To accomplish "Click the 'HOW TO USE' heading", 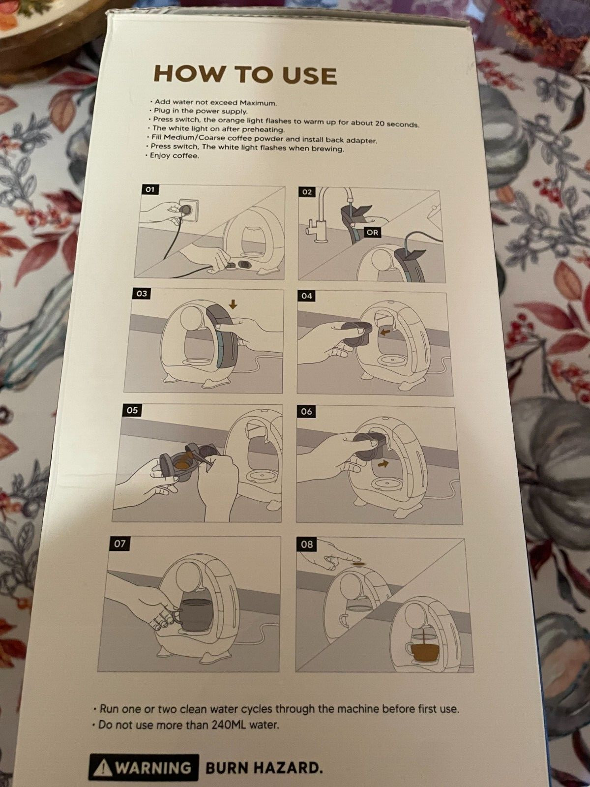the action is click(x=245, y=75).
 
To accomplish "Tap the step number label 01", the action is click(x=150, y=189).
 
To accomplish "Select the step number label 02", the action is click(x=307, y=192).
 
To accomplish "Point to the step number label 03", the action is click(x=142, y=293).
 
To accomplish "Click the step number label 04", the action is click(x=307, y=296).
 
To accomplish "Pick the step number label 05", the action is click(x=132, y=410).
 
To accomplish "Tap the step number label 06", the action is click(x=306, y=412).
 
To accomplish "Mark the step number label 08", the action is click(x=307, y=545).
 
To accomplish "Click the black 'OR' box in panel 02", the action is click(x=372, y=233).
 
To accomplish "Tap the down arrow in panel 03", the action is click(x=234, y=305).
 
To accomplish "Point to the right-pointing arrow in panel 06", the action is click(x=383, y=464).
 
